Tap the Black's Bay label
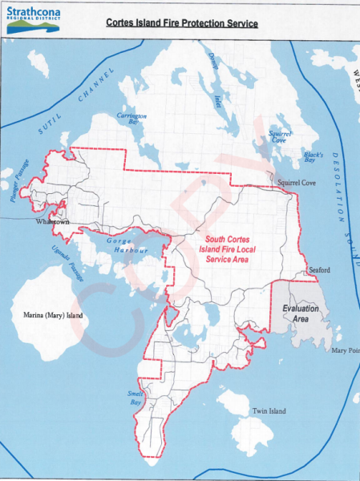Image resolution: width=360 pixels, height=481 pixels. (313, 156)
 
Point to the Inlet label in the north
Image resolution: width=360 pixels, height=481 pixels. (216, 99)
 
